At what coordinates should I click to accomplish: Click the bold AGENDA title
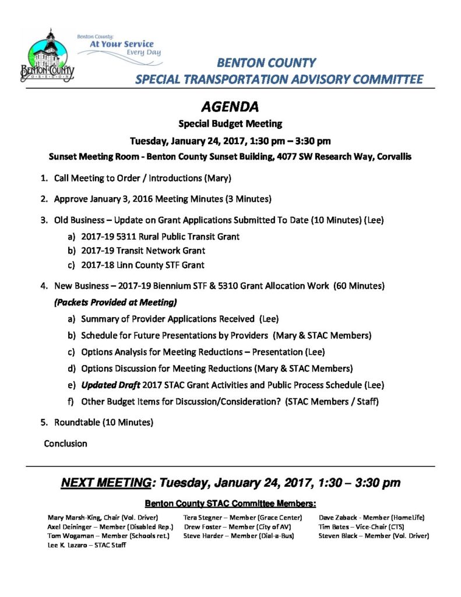tap(230, 107)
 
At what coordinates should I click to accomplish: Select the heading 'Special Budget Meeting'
tap(230, 124)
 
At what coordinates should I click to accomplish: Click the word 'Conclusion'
tap(66, 444)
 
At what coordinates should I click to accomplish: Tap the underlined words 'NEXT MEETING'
tap(106, 483)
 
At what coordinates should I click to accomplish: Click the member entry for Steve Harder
tap(238, 536)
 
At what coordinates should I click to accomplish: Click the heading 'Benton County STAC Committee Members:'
tap(230, 503)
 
